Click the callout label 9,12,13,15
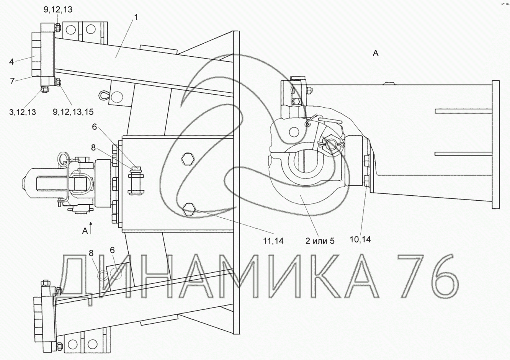[73, 112]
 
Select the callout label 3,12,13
[22, 112]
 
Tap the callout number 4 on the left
[11, 61]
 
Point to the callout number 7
[12, 81]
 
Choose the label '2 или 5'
[320, 241]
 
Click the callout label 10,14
[360, 240]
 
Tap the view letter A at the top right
[376, 54]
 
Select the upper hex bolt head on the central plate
[187, 159]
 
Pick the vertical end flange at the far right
[496, 145]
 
